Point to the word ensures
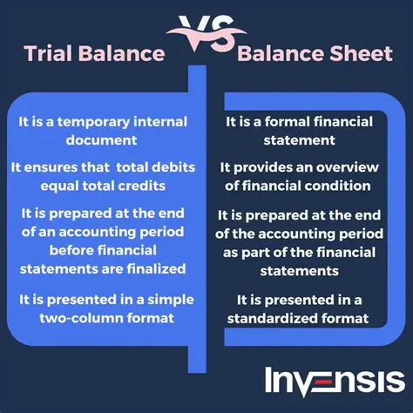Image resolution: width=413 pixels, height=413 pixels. point(57,166)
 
